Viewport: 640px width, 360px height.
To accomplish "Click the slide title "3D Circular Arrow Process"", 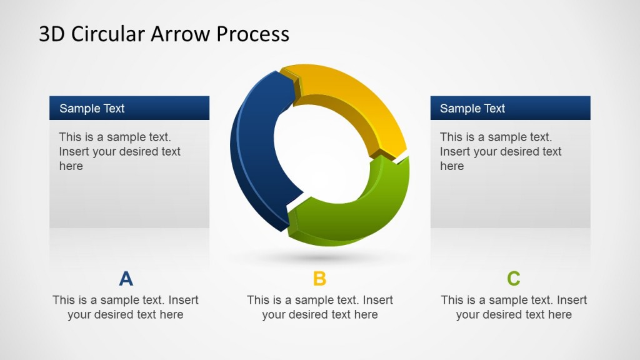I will point(164,34).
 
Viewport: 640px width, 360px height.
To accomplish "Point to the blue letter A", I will point(126,279).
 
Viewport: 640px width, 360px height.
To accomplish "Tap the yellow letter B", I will point(319,279).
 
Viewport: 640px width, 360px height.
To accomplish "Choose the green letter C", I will point(513,279).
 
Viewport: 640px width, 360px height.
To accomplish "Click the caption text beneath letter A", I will point(126,307).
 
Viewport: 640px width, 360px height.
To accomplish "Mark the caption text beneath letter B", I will point(319,307).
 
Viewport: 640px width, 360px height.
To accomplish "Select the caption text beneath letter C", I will point(513,307).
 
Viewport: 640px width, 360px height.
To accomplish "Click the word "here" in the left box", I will point(71,166).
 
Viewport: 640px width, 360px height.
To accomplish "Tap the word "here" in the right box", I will point(451,166).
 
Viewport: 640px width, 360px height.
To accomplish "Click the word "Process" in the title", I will point(252,34).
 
